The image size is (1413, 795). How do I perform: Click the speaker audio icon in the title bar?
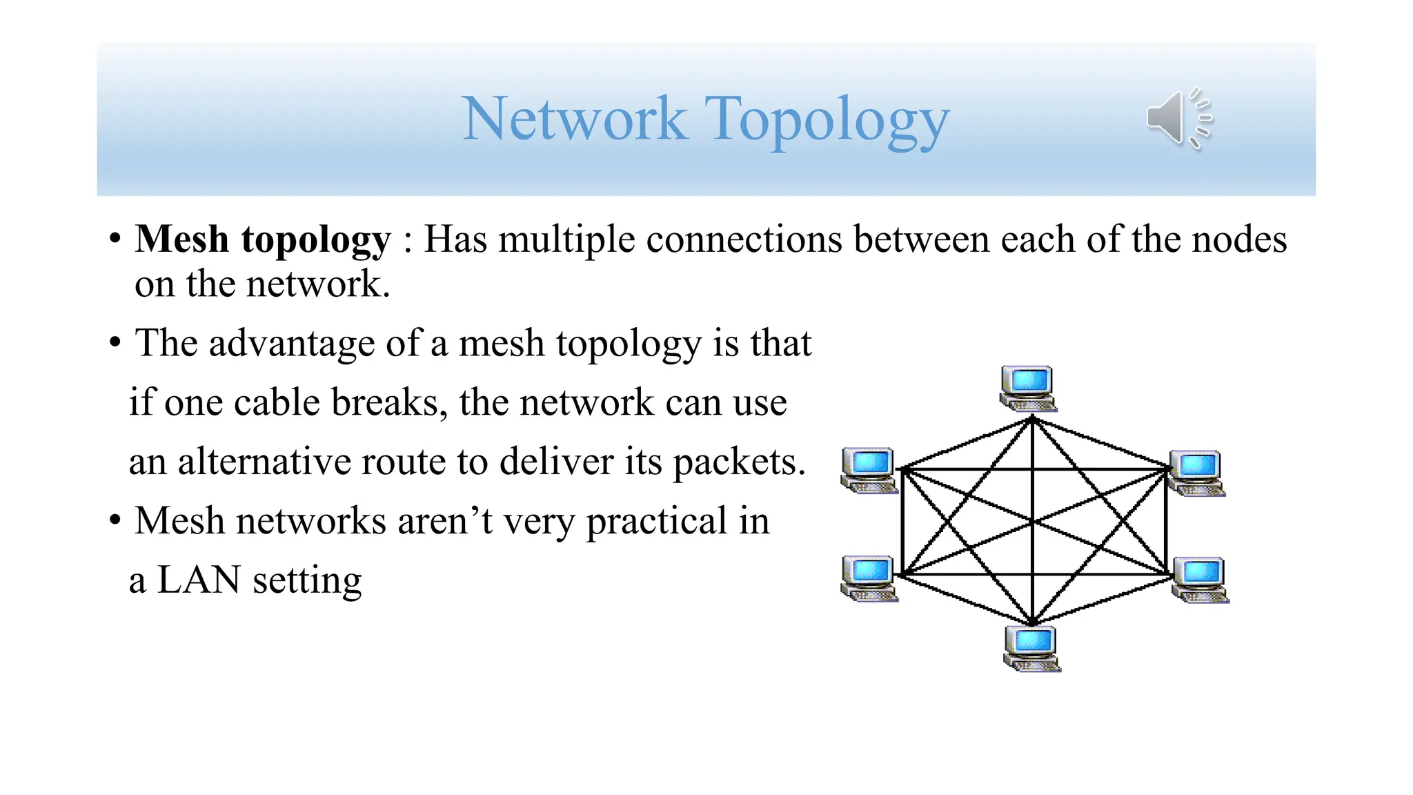pos(1178,118)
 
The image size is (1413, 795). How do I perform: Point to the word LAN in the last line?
pos(199,580)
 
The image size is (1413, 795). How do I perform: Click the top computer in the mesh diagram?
pos(1028,388)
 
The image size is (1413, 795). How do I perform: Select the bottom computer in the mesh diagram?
pos(1031,648)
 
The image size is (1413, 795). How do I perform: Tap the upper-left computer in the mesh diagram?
pos(869,470)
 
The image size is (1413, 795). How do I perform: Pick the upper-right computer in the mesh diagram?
pos(1197,473)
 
